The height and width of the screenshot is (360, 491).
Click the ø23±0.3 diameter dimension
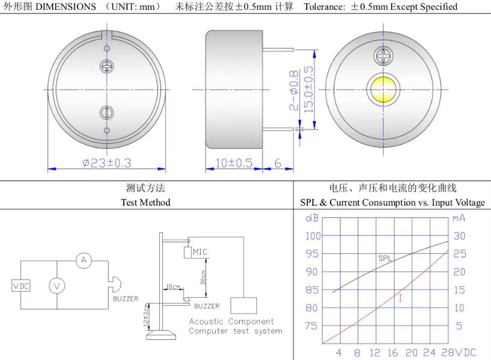[x=107, y=163]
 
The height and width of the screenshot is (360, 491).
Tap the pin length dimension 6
[x=278, y=163]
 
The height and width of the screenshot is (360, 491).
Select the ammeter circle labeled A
[x=84, y=261]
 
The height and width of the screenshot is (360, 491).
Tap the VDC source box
[x=21, y=286]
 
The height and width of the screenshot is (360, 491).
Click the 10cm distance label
[x=173, y=287]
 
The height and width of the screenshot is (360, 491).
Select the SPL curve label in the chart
[x=385, y=258]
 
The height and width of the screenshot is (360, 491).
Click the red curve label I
[x=400, y=298]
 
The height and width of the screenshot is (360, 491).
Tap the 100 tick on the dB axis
[x=312, y=236]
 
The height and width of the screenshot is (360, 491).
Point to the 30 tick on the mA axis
[x=459, y=236]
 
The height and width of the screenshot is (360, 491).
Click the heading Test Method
[x=145, y=202]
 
